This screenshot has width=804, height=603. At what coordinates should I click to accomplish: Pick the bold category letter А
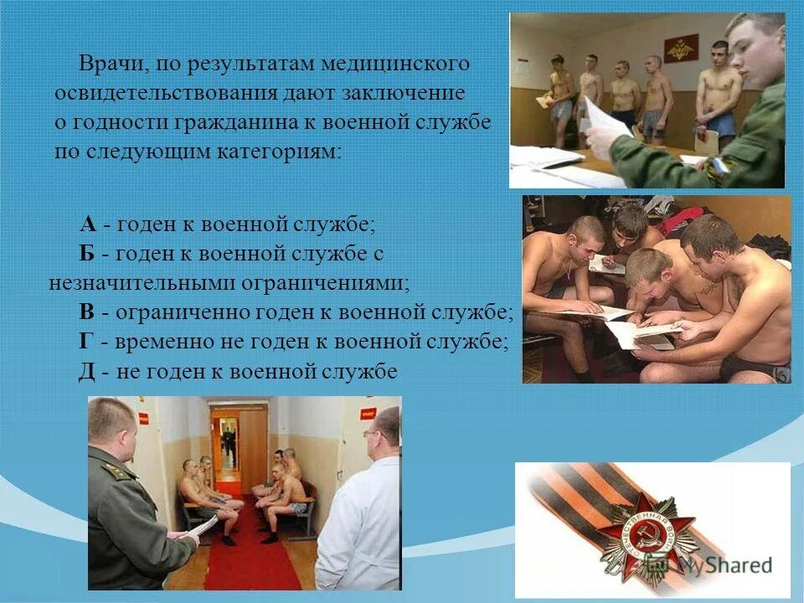coord(89,224)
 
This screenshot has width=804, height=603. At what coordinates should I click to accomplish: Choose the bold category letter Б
coord(88,253)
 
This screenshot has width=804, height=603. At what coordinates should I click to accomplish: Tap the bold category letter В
coord(87,312)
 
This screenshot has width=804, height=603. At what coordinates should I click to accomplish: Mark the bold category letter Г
coord(86,342)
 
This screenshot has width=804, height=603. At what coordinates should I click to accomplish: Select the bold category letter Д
coord(87,372)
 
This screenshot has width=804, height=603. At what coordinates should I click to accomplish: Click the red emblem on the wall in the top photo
coord(675,49)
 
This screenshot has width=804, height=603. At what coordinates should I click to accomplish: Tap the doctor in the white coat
coord(363,511)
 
